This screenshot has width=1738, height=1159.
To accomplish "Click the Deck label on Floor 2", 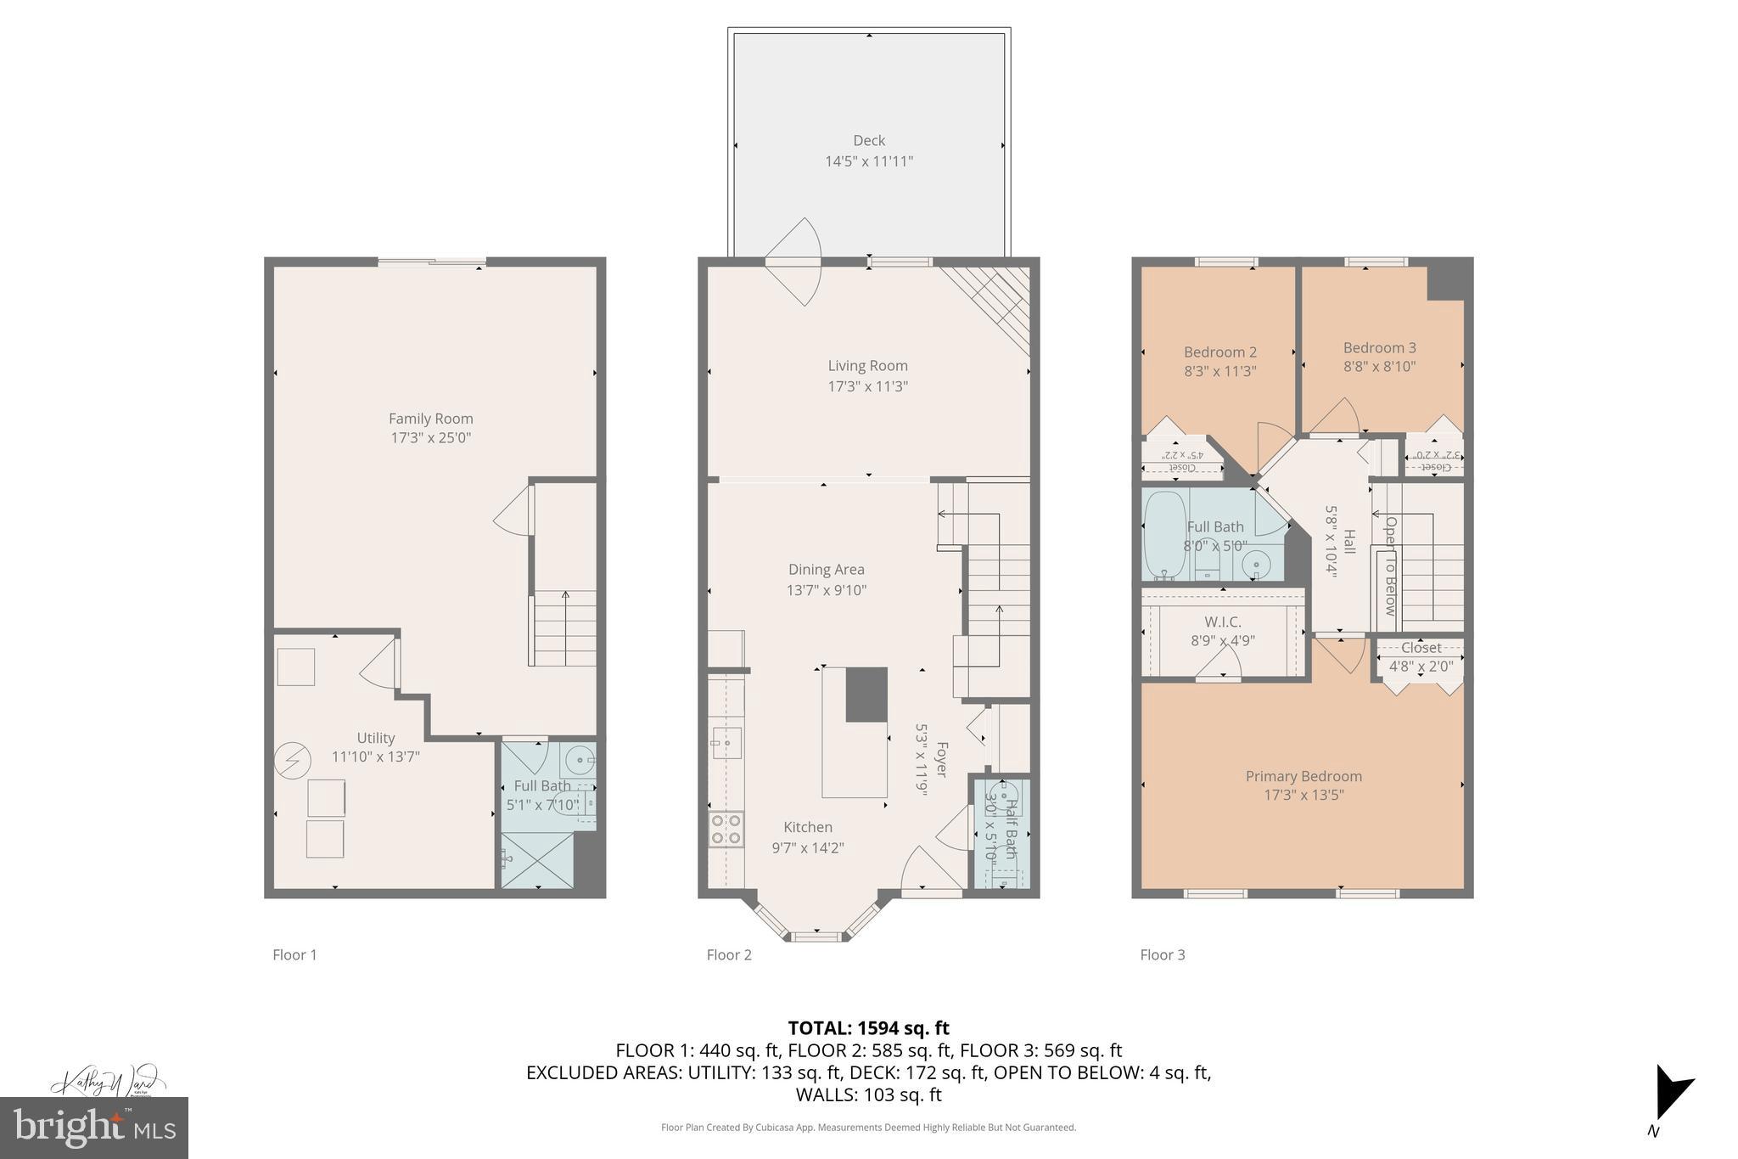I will tap(868, 141).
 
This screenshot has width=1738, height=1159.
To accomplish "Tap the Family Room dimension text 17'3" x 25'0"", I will tap(430, 438).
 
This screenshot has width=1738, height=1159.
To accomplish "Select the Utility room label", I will tap(375, 738).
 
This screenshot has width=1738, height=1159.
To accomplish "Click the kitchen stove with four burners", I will tap(726, 829).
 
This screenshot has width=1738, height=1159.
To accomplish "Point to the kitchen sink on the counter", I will tap(726, 743).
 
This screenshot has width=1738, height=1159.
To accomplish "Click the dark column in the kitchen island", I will tap(866, 695).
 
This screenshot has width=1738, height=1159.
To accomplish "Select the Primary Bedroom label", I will tap(1303, 776).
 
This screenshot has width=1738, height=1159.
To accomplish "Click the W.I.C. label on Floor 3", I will tap(1222, 622).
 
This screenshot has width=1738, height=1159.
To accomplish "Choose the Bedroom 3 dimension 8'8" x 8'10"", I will tap(1379, 367).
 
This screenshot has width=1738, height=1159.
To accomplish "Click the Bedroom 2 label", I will tap(1219, 352).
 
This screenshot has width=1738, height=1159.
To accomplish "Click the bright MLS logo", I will tap(94, 1128).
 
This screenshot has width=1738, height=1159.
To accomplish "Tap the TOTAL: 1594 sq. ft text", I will tap(868, 1028).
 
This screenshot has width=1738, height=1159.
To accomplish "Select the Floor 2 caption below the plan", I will tap(729, 954).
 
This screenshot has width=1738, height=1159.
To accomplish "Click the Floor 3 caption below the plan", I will tap(1162, 954).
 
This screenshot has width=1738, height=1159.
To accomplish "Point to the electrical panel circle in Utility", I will tap(293, 760).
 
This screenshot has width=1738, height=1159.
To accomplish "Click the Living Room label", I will tap(867, 366).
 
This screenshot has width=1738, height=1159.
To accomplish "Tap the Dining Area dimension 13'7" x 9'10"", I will tap(826, 590).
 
